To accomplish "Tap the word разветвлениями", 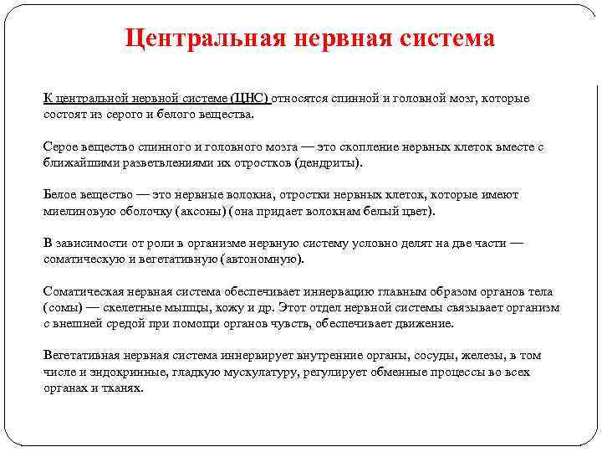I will click(x=158, y=162).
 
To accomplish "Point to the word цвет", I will click(x=414, y=211).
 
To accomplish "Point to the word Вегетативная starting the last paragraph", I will click(x=81, y=356).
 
